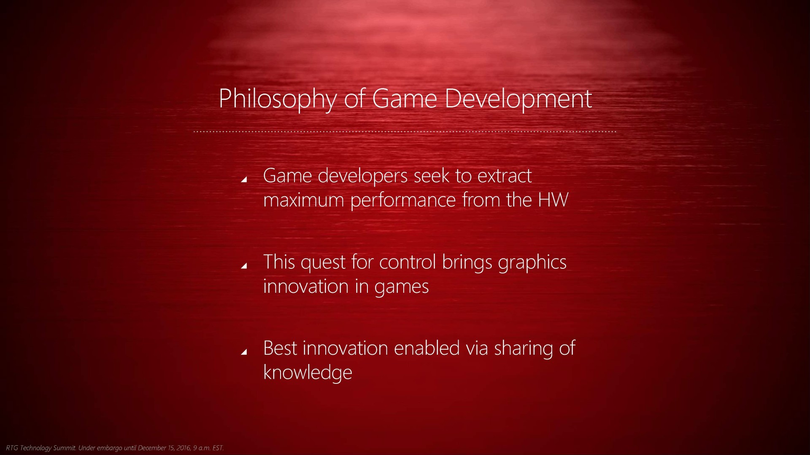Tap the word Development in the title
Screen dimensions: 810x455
tap(518, 99)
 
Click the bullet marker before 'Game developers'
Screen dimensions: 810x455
tap(243, 179)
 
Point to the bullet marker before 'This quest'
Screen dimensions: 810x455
tap(243, 265)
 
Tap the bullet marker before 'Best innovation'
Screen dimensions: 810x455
tap(243, 352)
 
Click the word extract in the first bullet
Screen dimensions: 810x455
tap(504, 176)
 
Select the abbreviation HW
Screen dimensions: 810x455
tap(553, 200)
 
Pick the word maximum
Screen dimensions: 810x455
tap(304, 201)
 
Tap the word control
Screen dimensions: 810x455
tap(408, 262)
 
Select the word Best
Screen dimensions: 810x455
tap(280, 348)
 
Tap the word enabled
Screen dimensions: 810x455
tap(427, 348)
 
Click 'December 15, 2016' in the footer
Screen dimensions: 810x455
tap(164, 448)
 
